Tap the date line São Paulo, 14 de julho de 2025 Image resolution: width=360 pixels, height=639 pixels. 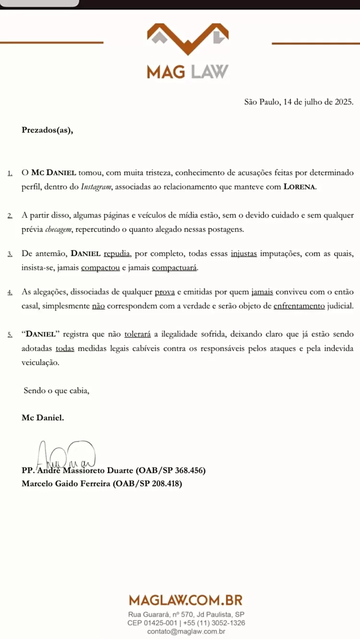299,102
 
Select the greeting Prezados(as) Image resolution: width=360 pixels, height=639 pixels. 48,130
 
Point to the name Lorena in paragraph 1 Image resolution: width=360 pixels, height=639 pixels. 300,187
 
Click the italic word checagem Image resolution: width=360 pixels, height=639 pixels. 59,229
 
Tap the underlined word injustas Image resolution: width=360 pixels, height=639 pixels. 244,253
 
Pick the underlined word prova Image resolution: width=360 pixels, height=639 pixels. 165,292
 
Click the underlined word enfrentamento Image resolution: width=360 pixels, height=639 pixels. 299,306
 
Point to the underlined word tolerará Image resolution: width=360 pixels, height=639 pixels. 138,334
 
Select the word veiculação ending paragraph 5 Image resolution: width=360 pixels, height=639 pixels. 41,363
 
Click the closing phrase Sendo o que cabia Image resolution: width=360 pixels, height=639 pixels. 57,390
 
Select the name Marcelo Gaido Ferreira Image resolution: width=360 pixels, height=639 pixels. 66,484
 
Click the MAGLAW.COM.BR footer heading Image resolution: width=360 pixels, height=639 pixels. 186,600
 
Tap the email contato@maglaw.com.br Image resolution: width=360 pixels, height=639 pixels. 186,631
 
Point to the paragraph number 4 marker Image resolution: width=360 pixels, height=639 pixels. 10,292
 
